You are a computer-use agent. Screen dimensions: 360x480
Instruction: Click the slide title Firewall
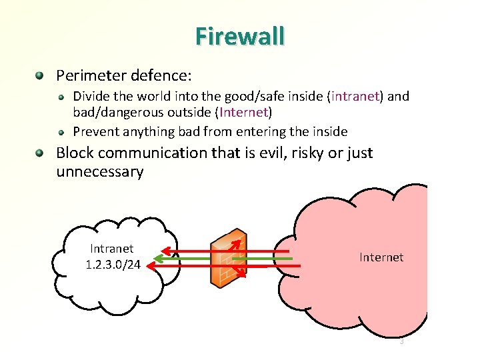(x=240, y=35)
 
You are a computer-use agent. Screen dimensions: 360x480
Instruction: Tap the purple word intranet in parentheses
(x=355, y=97)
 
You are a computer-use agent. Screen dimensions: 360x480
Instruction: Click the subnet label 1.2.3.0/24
(x=113, y=265)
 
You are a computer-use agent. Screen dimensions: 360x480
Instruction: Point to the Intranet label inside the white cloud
(x=112, y=249)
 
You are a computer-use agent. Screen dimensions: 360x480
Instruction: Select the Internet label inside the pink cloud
(x=381, y=257)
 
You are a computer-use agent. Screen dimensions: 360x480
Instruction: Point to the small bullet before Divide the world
(x=61, y=97)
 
